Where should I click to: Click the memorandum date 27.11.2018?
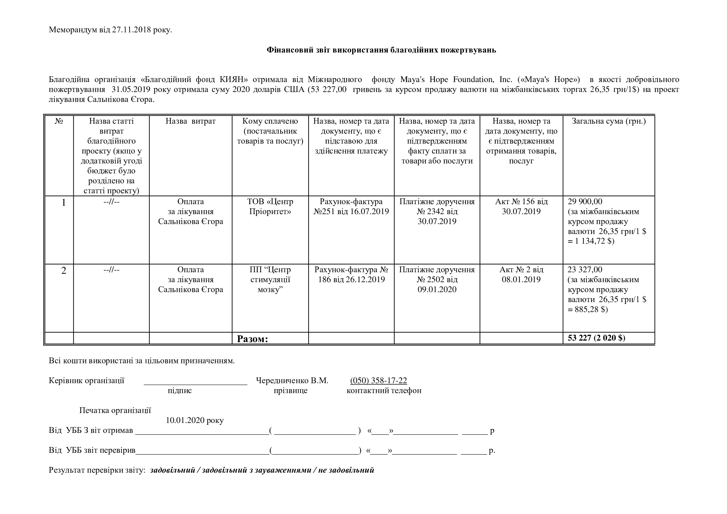[x=131, y=30]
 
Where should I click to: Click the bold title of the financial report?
[x=381, y=50]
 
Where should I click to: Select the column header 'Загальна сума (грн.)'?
[x=609, y=121]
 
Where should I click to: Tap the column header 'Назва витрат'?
[x=190, y=121]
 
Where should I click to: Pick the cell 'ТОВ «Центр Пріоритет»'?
[x=270, y=206]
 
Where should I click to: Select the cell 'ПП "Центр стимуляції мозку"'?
[x=270, y=279]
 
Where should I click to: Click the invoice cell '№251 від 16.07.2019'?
[x=351, y=211]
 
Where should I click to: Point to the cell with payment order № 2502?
[x=437, y=279]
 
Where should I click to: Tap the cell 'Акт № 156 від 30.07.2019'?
[x=521, y=206]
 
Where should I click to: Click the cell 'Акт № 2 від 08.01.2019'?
[x=521, y=274]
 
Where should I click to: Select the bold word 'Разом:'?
[x=252, y=339]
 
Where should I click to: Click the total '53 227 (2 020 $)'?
[x=596, y=338]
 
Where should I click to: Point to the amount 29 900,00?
[x=585, y=202]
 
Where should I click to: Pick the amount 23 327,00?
[x=585, y=270]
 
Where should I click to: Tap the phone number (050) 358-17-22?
[x=378, y=380]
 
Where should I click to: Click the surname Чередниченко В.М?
[x=292, y=380]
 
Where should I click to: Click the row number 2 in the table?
[x=64, y=271]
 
